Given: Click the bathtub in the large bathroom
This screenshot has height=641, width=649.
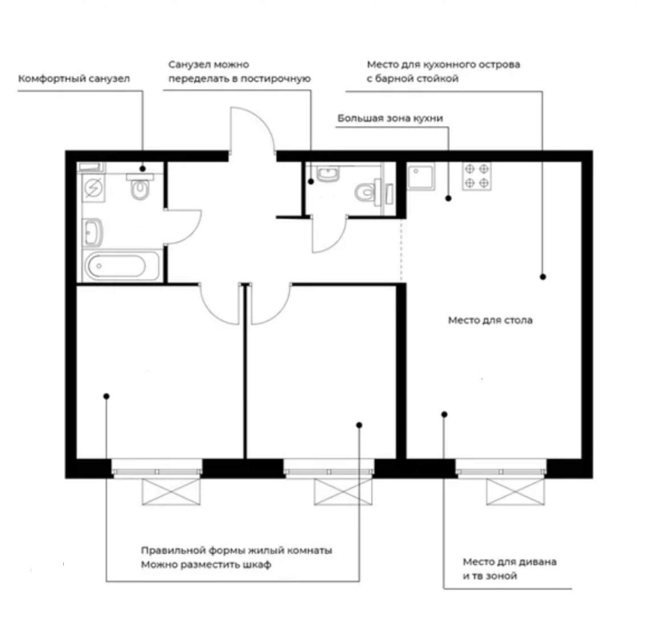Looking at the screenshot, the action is point(121,266).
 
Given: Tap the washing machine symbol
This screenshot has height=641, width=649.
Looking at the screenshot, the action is point(93,187).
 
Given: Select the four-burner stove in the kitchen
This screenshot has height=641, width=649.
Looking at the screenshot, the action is point(477,175).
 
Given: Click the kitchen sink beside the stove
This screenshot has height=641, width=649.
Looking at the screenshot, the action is point(421,177).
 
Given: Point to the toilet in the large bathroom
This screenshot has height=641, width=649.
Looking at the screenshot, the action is point(140,187).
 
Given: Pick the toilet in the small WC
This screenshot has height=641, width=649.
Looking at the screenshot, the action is point(368,192).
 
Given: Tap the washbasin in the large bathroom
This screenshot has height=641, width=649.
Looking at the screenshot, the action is point(93,232).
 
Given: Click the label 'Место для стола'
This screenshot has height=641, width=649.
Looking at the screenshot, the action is point(490,320).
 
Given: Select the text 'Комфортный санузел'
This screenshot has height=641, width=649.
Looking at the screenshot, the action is point(74,79).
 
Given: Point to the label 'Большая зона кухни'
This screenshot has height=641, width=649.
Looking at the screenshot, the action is point(391,119).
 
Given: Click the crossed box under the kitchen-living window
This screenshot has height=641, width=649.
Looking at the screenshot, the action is point(515,492).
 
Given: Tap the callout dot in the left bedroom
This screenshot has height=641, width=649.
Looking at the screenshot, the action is point(106,397).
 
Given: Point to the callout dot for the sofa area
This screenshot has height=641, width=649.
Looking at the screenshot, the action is point(444,414).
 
